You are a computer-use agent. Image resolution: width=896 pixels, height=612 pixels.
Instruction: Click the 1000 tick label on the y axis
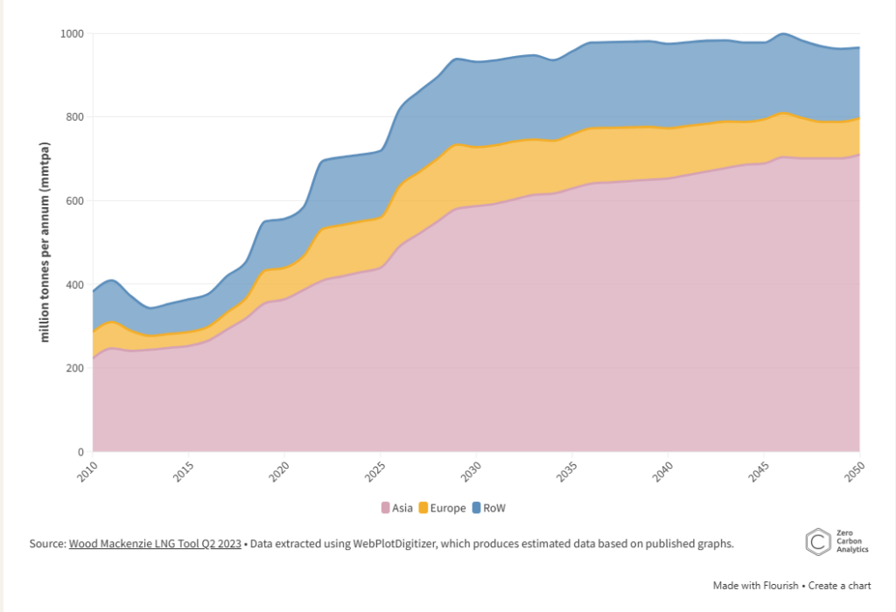coord(71,33)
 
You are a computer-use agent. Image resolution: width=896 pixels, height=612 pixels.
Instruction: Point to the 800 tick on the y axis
coord(74,117)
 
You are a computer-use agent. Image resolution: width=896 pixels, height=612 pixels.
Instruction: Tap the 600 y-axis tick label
coord(74,201)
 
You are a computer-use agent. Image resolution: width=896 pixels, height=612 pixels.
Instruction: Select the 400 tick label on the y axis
coord(74,285)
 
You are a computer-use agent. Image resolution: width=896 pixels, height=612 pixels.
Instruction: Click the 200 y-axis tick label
coord(74,368)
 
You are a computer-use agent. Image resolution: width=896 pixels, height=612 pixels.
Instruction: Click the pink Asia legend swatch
coord(385,508)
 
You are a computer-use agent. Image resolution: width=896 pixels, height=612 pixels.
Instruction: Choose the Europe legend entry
coord(442,508)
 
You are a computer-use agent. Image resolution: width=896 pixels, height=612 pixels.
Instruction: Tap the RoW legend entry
coord(489,508)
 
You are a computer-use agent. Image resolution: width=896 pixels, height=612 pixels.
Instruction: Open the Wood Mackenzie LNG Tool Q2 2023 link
coord(154,544)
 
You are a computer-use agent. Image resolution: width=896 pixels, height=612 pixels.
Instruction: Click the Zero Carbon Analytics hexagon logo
coord(817,542)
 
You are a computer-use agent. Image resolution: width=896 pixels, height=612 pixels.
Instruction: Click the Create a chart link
coord(839,586)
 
